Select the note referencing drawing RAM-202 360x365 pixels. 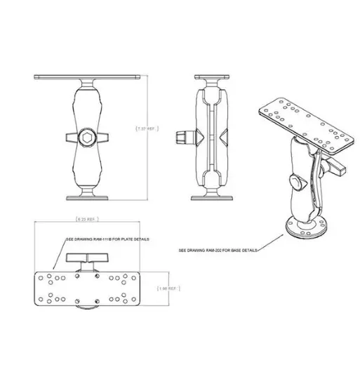pos(217,250)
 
